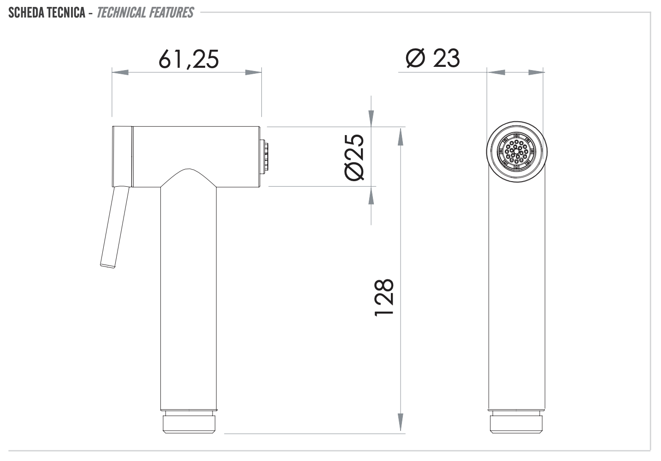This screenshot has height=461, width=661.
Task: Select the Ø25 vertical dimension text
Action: [x=354, y=157]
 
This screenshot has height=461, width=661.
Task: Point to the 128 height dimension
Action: [x=384, y=297]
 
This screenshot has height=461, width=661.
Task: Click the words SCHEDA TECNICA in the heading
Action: [x=47, y=12]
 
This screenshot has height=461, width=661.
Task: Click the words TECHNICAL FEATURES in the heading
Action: [x=145, y=12]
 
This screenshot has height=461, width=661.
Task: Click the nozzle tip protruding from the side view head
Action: [x=265, y=156]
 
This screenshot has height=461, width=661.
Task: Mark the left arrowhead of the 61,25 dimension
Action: [x=120, y=72]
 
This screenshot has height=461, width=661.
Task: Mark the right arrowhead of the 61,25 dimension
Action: [x=253, y=72]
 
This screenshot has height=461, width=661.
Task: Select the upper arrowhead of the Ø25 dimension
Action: [x=372, y=118]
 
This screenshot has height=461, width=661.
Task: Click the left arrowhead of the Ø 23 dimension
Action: [x=496, y=72]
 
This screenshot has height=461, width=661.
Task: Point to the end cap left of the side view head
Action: [x=123, y=156]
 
